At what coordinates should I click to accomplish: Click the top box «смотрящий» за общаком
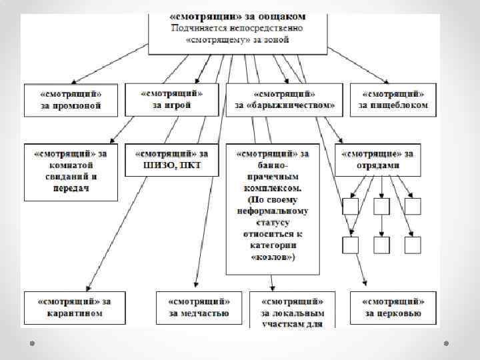[237, 30]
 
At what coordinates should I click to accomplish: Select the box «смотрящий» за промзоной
[71, 99]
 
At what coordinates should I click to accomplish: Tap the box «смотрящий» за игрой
[172, 99]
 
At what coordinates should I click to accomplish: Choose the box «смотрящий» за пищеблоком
[393, 99]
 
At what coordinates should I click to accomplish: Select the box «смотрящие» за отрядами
[378, 159]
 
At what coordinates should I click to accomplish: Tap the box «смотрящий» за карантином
[74, 307]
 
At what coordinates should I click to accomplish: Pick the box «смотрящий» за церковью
[394, 307]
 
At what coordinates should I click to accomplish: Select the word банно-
[273, 165]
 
